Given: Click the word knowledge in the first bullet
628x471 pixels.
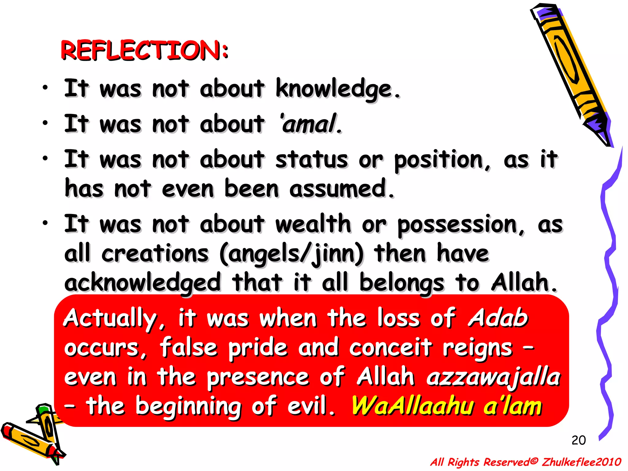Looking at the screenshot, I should [337, 89].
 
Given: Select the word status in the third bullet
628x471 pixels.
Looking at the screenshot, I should [311, 160].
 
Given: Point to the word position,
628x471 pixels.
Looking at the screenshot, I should [442, 160].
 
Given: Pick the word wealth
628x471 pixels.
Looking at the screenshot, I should [313, 224].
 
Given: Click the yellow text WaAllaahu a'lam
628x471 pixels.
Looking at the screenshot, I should [446, 406].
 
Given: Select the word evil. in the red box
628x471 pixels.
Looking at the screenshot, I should [311, 406].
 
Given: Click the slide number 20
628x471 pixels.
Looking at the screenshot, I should [578, 440].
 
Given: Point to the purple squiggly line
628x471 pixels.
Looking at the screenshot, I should [609, 291].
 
